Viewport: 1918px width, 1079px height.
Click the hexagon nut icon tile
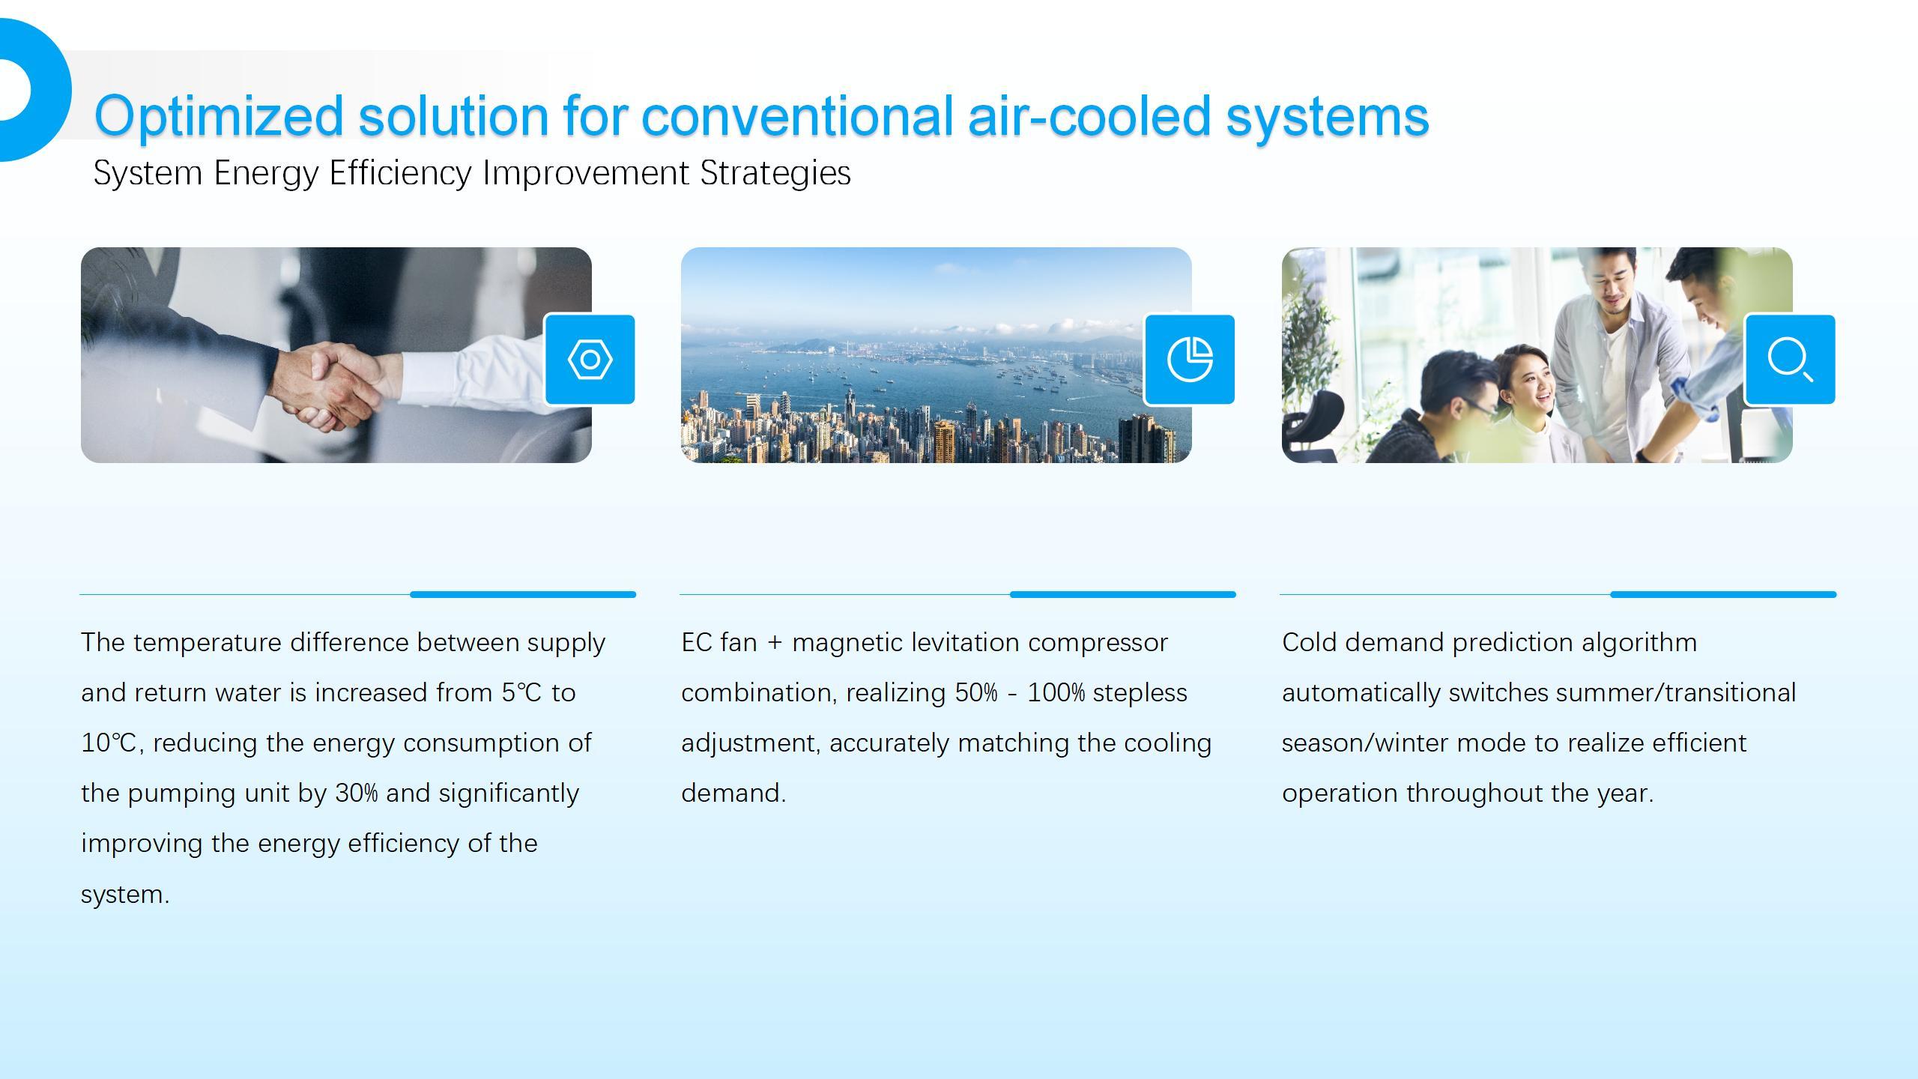click(590, 360)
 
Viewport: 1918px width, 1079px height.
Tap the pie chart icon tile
click(1190, 360)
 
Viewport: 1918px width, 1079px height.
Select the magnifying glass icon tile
click(1790, 360)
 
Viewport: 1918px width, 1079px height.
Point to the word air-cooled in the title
click(1090, 115)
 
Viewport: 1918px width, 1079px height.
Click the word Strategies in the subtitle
click(775, 173)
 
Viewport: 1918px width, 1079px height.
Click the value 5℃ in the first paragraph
click(521, 692)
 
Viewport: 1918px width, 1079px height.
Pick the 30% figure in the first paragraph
click(357, 793)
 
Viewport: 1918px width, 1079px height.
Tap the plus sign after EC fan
click(775, 643)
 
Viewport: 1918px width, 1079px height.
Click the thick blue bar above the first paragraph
click(523, 594)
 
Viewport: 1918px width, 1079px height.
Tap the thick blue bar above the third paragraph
click(1723, 594)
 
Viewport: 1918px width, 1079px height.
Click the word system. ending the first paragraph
click(125, 894)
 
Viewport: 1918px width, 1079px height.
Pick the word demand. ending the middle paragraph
click(733, 793)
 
